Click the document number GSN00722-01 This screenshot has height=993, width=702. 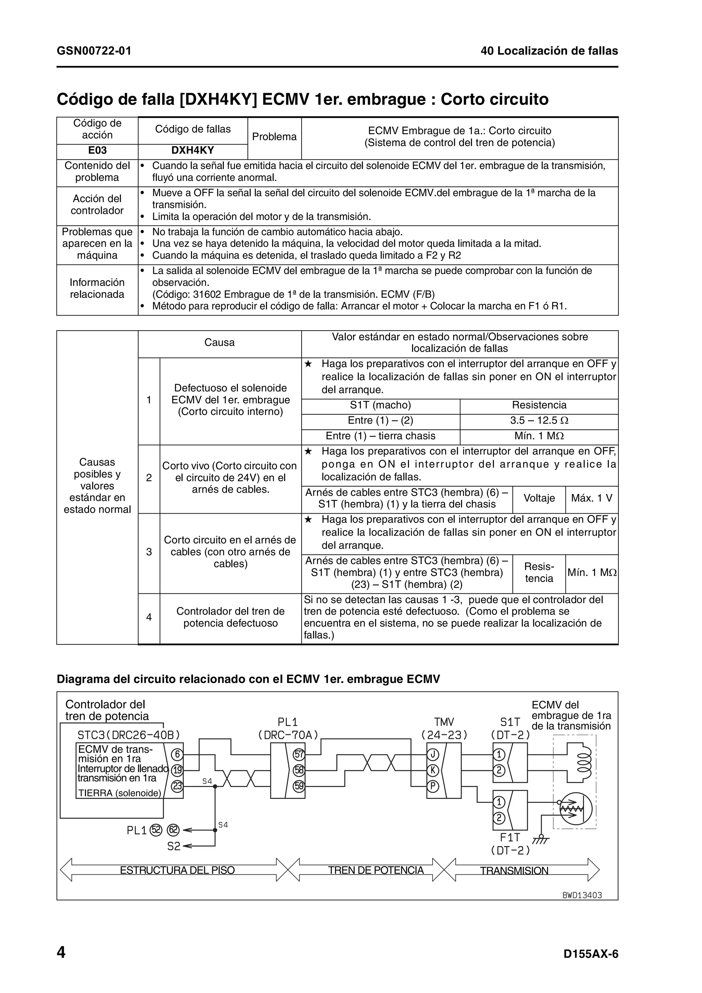pyautogui.click(x=94, y=51)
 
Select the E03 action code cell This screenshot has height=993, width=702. pyautogui.click(x=97, y=150)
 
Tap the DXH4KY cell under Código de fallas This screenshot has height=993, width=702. pyautogui.click(x=193, y=150)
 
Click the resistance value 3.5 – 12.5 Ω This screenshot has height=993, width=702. pyautogui.click(x=539, y=420)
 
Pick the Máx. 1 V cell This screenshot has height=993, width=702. pyautogui.click(x=591, y=498)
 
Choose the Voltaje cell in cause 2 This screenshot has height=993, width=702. pyautogui.click(x=539, y=498)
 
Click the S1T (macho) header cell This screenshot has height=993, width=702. pyautogui.click(x=380, y=405)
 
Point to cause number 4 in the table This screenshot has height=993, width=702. pyautogui.click(x=149, y=617)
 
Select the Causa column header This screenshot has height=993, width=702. pyautogui.click(x=219, y=343)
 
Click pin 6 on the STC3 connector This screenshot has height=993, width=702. pyautogui.click(x=177, y=755)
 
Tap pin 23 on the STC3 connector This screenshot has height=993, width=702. pyautogui.click(x=177, y=786)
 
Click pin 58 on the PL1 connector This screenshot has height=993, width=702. pyautogui.click(x=299, y=770)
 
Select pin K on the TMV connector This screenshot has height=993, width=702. pyautogui.click(x=433, y=770)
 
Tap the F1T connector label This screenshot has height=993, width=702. pyautogui.click(x=510, y=838)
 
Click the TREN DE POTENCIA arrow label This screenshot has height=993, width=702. pyautogui.click(x=375, y=870)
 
